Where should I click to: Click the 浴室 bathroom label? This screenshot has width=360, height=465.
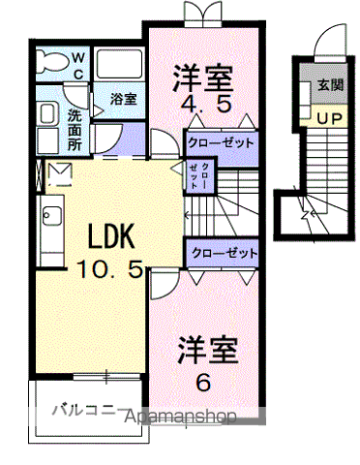click(122, 99)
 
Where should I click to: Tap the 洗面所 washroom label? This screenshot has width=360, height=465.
click(75, 127)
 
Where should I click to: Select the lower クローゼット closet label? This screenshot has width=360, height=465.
click(225, 252)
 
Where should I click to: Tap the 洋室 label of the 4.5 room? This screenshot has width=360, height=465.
click(204, 73)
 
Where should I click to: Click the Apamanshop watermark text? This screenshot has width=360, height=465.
click(183, 418)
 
